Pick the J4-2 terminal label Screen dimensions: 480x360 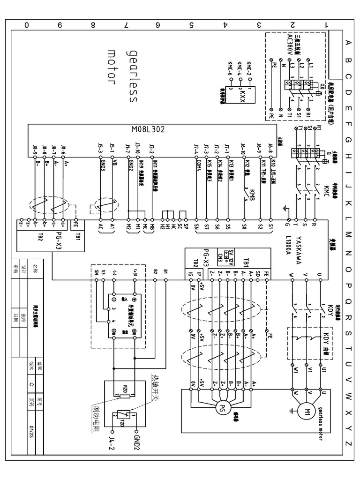[x=112, y=444]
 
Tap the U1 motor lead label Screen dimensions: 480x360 [x=323, y=370]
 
